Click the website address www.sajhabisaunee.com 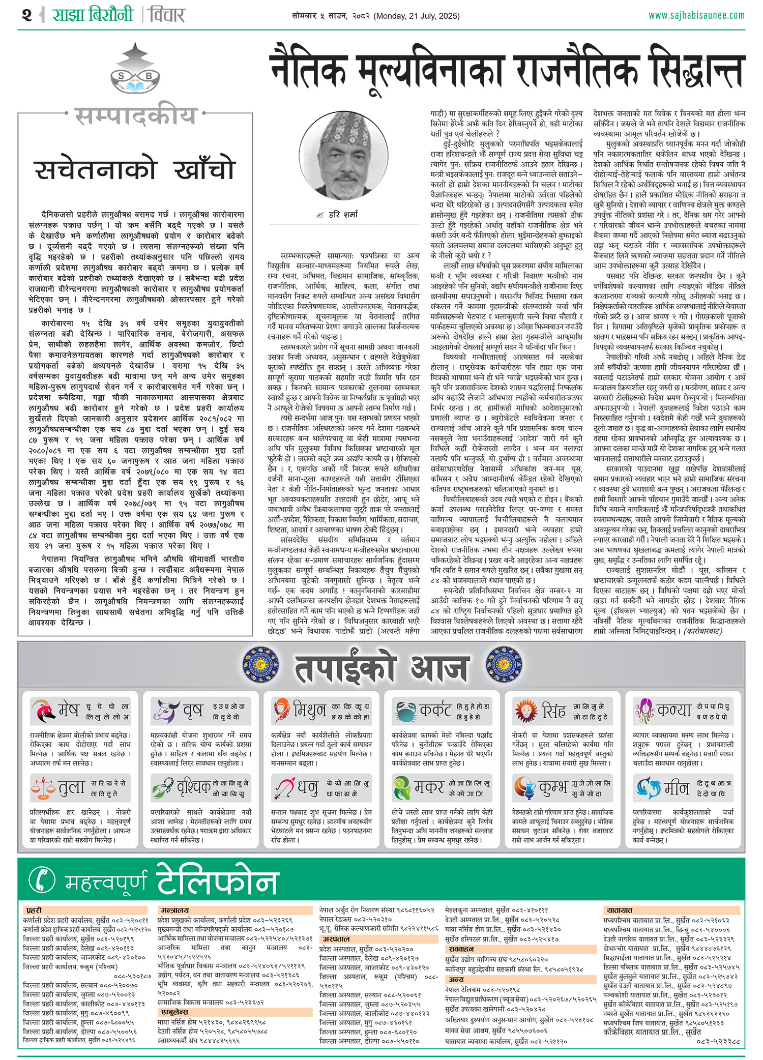point(696,15)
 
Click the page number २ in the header point(27,15)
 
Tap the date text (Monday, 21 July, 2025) point(417,16)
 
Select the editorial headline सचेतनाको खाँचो point(135,169)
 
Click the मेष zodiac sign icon point(43,711)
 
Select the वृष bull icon point(164,711)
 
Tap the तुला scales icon point(43,787)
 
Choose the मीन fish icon point(647,787)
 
